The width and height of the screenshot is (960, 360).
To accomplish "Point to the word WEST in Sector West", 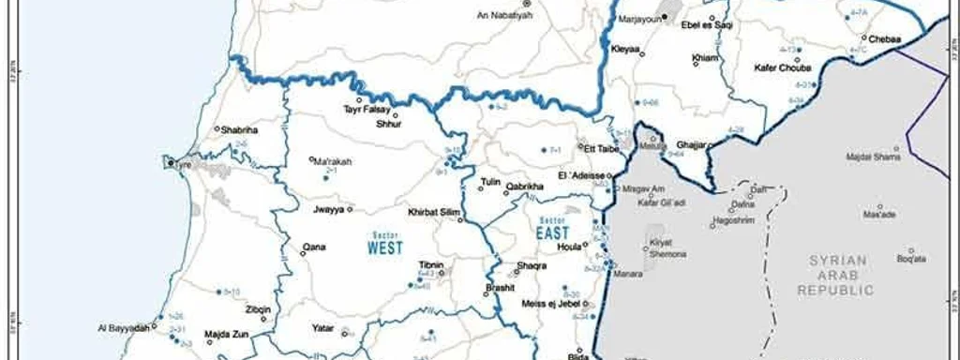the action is tap(384, 248).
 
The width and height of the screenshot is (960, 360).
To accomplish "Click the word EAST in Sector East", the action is tap(553, 232).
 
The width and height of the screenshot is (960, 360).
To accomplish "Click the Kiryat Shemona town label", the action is tap(668, 248).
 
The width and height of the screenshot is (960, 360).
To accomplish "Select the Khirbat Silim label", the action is tap(433, 212).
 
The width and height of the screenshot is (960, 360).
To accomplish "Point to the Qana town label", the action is tap(313, 248).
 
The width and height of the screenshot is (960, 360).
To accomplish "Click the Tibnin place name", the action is tap(431, 265).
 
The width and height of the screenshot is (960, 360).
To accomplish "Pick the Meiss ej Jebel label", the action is tap(547, 302).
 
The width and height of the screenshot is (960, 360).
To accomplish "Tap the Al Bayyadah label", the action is tap(123, 328).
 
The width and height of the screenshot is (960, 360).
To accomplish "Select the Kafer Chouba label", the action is tap(782, 67).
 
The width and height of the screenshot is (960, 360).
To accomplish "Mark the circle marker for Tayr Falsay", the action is tap(358, 99).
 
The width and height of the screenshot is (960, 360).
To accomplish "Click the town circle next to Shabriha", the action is tap(217, 129).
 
